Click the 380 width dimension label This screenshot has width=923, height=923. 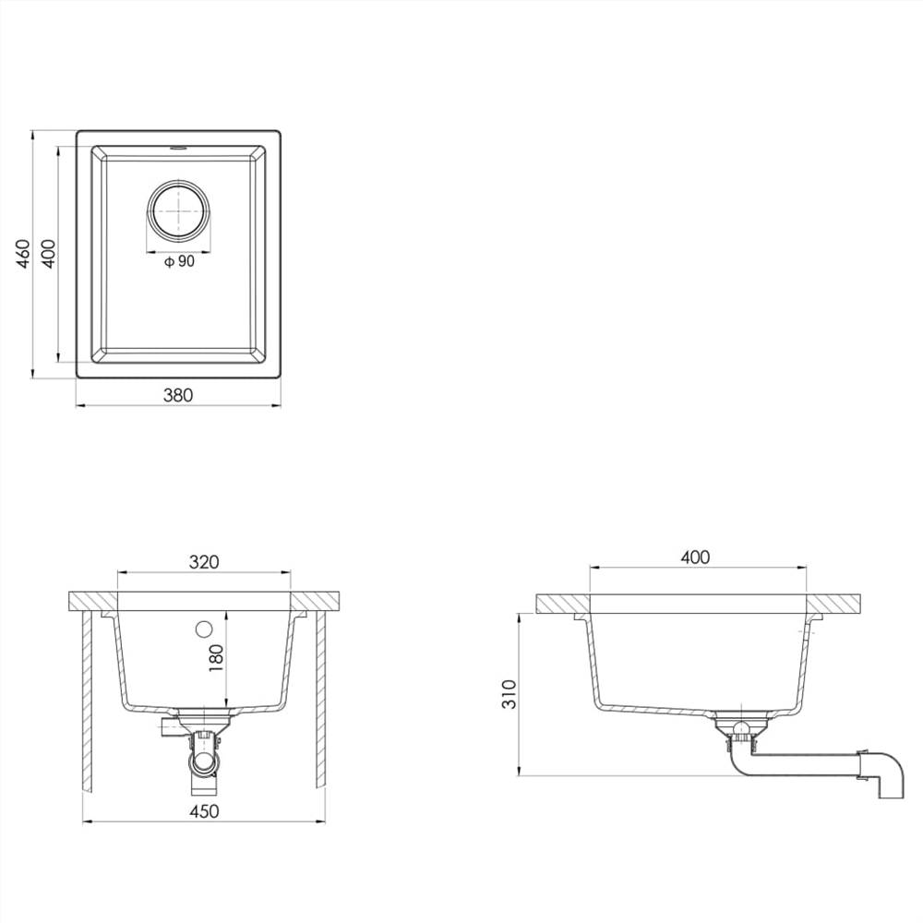178,395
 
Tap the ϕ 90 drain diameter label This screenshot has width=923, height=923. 179,262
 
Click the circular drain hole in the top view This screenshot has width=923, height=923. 178,209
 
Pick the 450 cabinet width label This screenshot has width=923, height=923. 204,812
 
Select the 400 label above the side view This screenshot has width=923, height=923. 695,557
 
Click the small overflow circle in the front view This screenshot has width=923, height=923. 204,629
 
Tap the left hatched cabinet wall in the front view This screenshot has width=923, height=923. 86,701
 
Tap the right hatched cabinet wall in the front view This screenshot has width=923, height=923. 322,701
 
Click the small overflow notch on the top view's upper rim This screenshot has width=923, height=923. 178,147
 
